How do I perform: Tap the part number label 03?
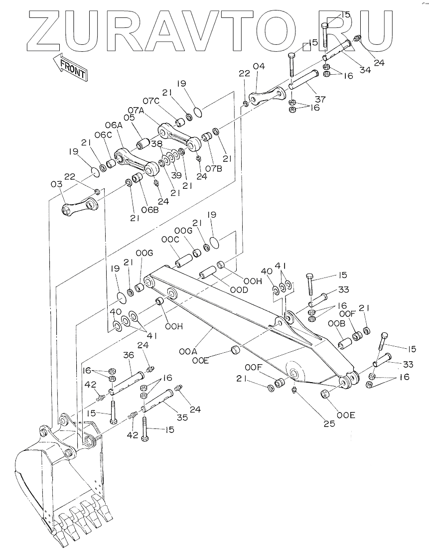click(56, 184)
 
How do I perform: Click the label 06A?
click(114, 125)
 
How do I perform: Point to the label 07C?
click(152, 101)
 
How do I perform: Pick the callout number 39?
click(176, 175)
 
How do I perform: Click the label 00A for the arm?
click(188, 352)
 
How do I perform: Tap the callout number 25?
click(329, 423)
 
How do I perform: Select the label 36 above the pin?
click(129, 355)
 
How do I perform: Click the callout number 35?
click(182, 417)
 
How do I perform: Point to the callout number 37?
click(320, 99)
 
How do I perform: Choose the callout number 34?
click(365, 70)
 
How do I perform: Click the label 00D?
click(239, 289)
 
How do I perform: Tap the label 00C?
click(170, 239)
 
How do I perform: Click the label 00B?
click(336, 324)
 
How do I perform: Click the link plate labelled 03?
click(80, 207)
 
